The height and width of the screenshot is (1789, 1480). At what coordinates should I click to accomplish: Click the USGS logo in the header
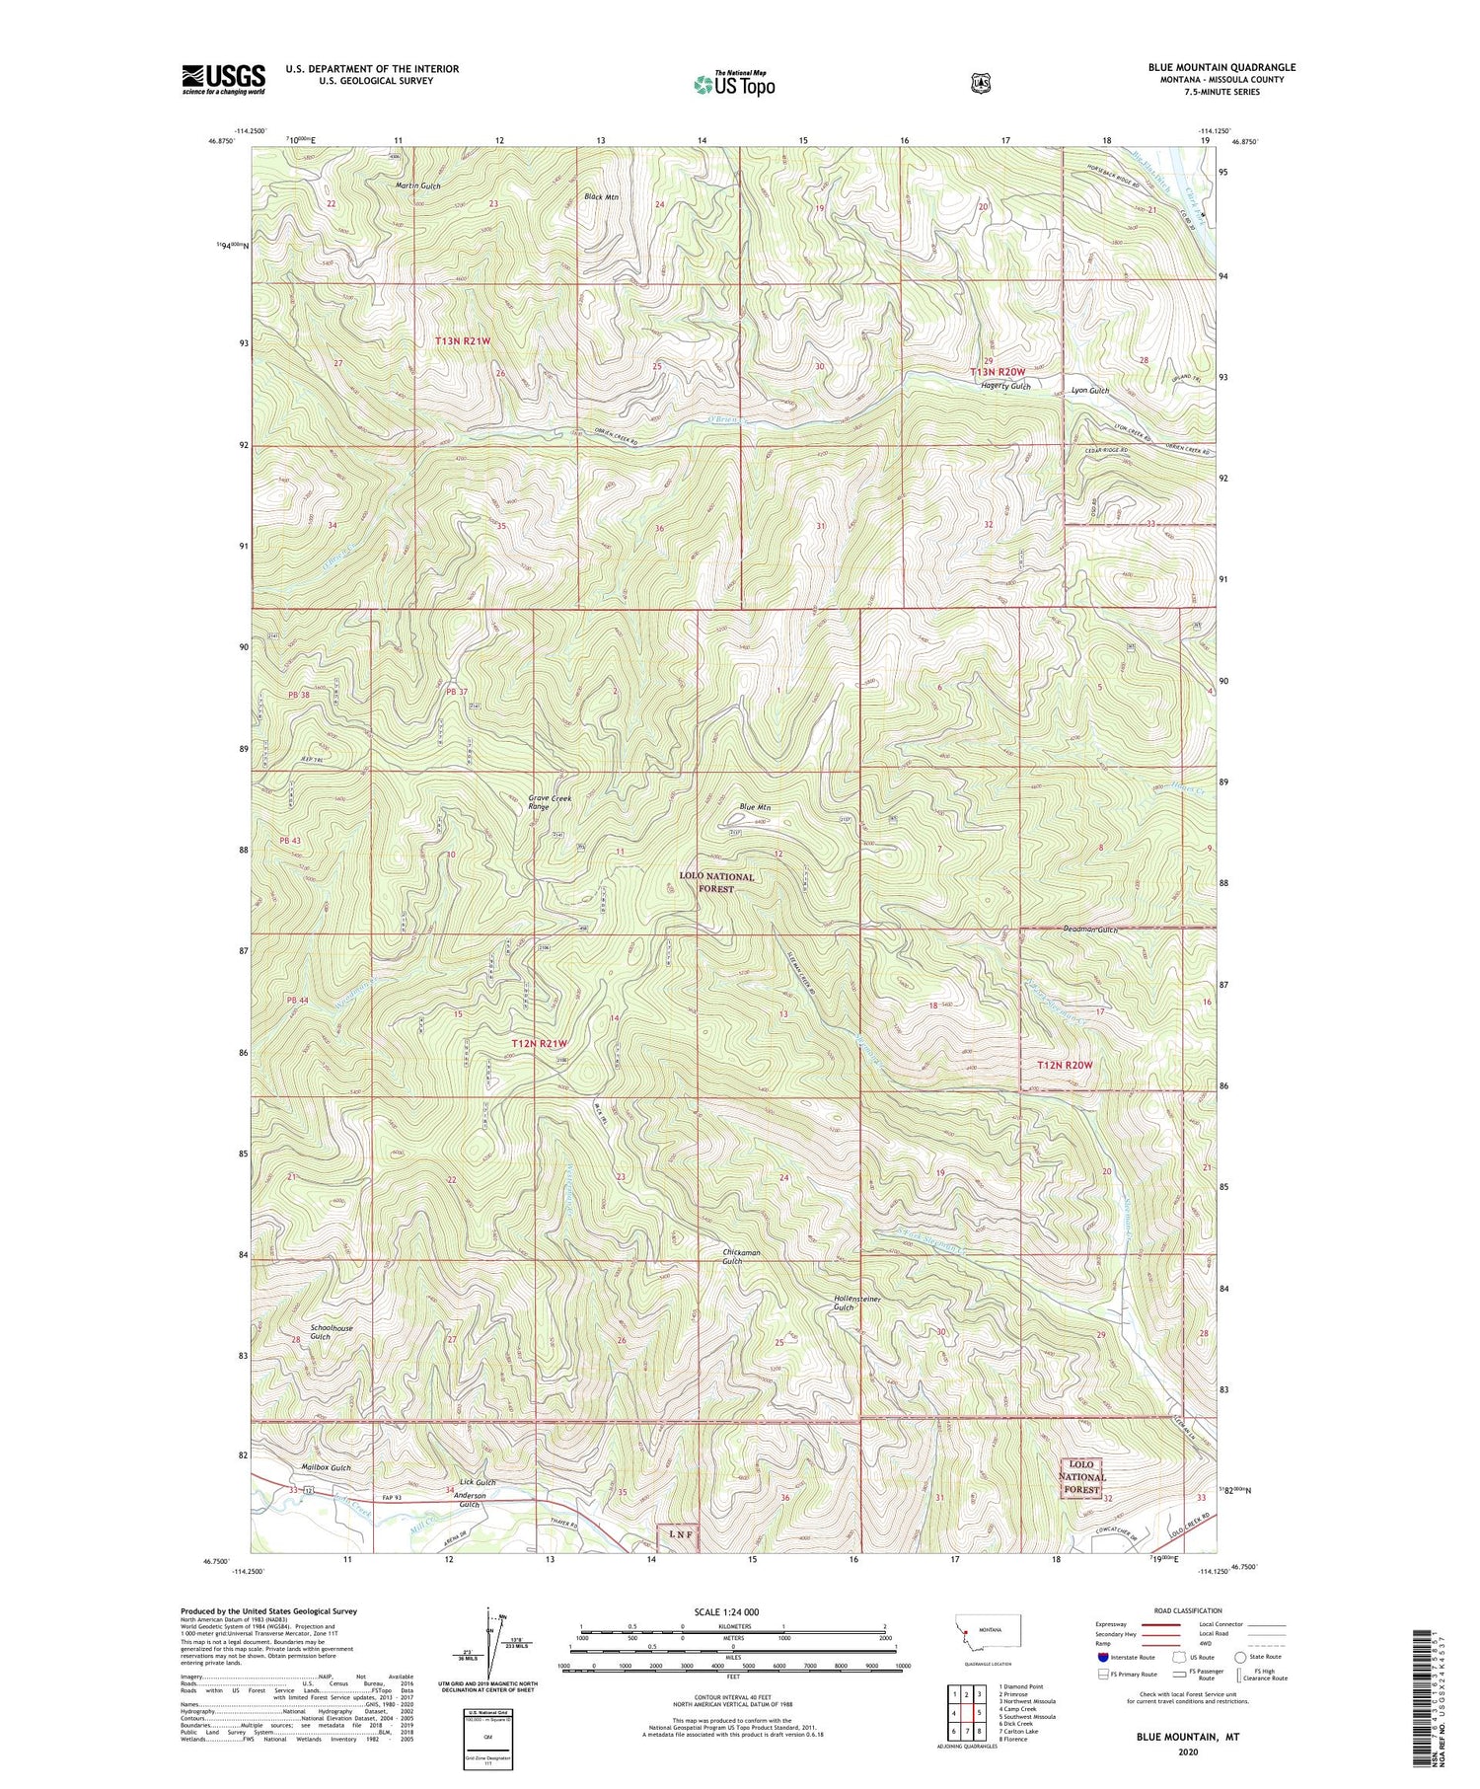click(x=224, y=79)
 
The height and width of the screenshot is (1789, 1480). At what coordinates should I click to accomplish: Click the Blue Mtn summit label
click(x=755, y=807)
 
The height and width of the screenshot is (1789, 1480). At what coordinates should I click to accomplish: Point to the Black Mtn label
click(x=601, y=197)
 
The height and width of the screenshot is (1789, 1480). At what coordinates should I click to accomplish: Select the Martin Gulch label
click(x=417, y=186)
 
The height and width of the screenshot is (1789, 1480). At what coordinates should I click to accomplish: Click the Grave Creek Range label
click(x=550, y=802)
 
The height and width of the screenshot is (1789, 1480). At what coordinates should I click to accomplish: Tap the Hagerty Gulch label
click(x=1005, y=387)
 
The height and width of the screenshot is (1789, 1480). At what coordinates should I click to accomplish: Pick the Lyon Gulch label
click(x=1090, y=391)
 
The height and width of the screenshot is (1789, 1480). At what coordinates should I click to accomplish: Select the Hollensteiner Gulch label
click(x=856, y=1303)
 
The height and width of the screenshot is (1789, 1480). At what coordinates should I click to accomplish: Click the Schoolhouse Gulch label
click(x=331, y=1332)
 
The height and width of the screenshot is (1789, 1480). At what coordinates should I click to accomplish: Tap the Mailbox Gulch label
click(x=327, y=1467)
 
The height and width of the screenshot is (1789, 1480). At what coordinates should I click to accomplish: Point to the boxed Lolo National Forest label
click(x=1081, y=1477)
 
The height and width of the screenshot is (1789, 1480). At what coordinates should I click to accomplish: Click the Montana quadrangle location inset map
click(x=988, y=1634)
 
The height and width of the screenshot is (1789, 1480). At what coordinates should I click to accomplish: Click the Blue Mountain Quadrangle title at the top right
click(x=1221, y=67)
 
